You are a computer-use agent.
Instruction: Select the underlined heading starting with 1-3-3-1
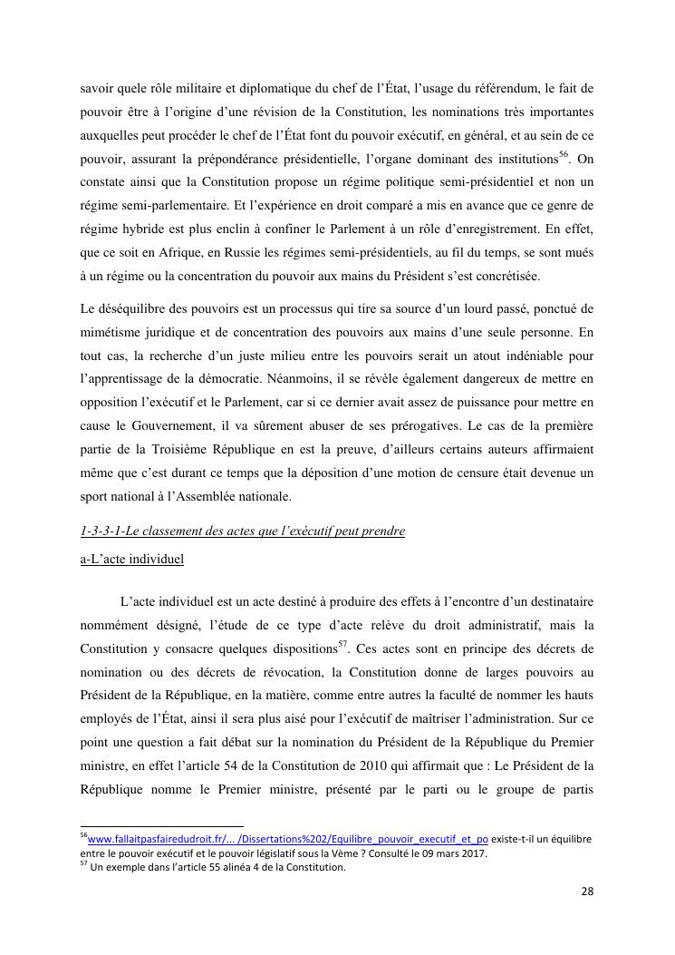(x=242, y=531)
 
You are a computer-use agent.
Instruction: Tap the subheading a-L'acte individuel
(x=131, y=559)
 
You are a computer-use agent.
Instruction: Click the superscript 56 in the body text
(x=563, y=153)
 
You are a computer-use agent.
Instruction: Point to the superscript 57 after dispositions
(x=343, y=644)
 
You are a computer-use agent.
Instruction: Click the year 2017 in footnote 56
(x=474, y=853)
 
